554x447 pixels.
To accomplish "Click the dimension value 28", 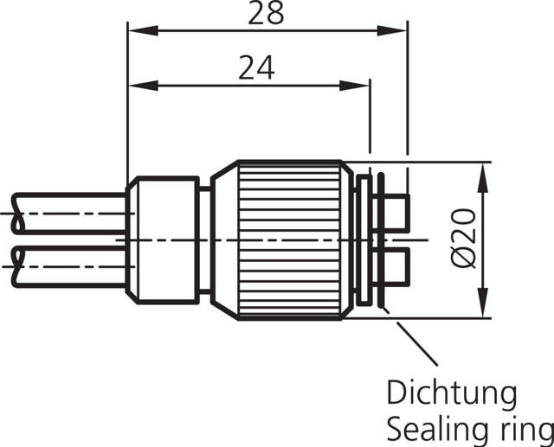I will click(x=266, y=14).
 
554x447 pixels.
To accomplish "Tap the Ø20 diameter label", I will click(x=465, y=238).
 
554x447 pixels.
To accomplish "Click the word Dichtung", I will click(x=451, y=394).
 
